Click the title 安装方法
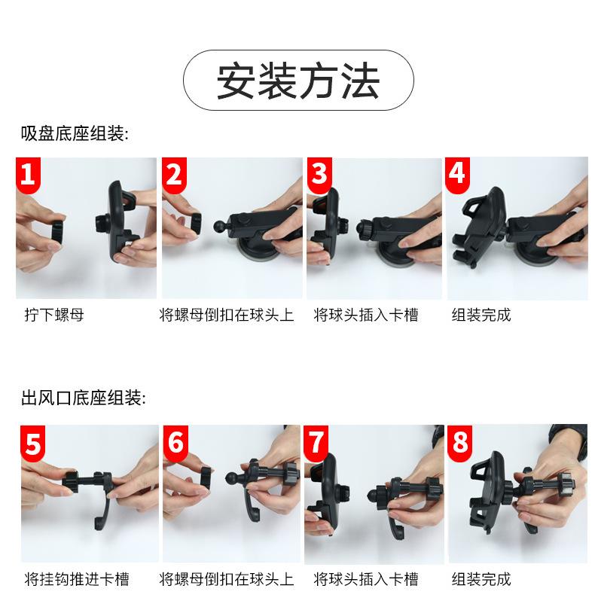[298, 81]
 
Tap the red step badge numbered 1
[28, 175]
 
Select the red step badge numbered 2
[174, 175]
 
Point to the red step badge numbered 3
[319, 175]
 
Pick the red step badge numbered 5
[32, 443]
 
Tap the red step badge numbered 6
[176, 443]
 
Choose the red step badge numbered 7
[316, 443]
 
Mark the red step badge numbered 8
[460, 443]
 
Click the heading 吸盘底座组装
[75, 133]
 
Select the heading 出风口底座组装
[84, 398]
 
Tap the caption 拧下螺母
[54, 315]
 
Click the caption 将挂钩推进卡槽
[77, 579]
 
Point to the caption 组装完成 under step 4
[481, 315]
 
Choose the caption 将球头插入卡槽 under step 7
[366, 579]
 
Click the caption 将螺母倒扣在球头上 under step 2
[227, 315]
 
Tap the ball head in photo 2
[220, 227]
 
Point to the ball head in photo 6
[232, 478]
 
